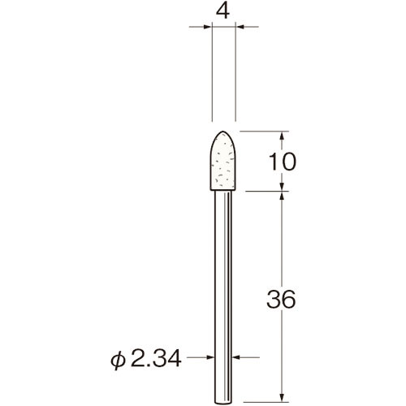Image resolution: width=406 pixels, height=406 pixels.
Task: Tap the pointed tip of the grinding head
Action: (223, 132)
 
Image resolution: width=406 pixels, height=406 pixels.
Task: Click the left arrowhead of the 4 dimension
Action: (206, 27)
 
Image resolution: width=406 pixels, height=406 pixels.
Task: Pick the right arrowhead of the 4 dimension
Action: (241, 27)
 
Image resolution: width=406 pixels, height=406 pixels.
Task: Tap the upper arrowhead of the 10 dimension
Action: (282, 136)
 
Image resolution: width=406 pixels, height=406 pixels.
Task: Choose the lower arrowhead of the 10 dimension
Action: (282, 188)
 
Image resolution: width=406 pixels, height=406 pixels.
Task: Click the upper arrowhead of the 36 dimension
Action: (282, 197)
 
